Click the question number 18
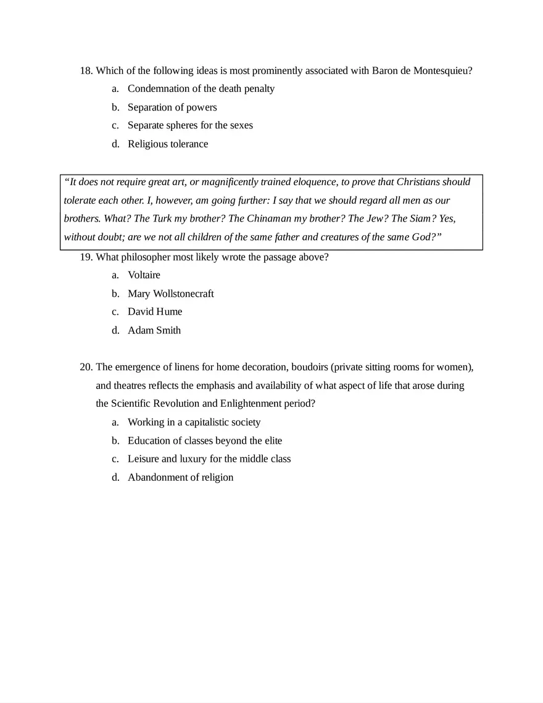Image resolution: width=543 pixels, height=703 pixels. [x=86, y=70]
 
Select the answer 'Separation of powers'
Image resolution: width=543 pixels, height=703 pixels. [x=172, y=107]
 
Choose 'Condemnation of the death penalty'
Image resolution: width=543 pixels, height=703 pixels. [x=201, y=89]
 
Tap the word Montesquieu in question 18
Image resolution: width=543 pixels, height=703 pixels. [x=441, y=70]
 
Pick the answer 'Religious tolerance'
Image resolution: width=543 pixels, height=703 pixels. [x=168, y=144]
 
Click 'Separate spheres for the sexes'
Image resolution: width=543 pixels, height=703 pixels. [x=190, y=126]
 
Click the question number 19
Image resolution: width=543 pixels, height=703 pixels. [x=86, y=257]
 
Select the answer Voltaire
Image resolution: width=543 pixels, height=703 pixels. [x=144, y=275]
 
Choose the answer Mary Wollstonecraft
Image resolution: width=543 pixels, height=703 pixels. [x=171, y=294]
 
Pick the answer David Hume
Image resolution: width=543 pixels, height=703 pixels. [x=155, y=312]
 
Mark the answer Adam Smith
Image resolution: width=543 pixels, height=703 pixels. [x=154, y=331]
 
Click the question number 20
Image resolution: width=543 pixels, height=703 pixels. [x=86, y=367]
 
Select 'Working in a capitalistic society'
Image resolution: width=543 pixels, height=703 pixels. [x=194, y=423]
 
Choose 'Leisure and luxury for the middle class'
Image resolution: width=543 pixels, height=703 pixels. [x=209, y=459]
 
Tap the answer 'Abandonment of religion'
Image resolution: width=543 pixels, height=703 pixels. [x=180, y=478]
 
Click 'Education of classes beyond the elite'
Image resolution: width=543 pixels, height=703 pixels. [x=205, y=441]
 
